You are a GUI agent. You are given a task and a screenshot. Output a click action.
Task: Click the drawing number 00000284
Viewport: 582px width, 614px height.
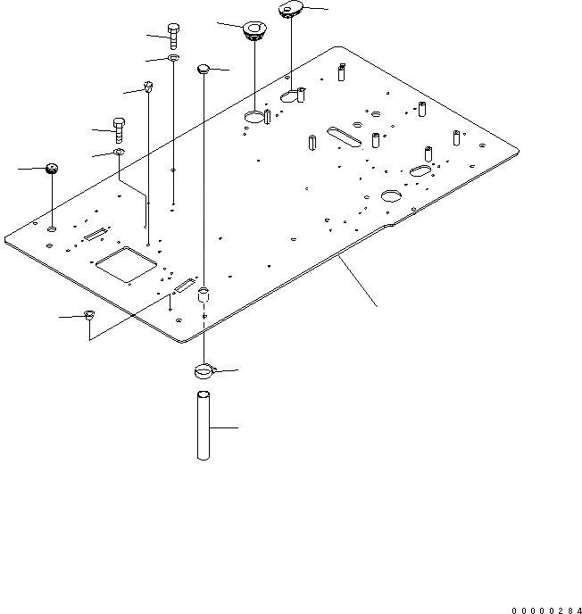[545, 610]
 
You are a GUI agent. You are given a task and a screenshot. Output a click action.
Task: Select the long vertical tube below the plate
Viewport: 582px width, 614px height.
[204, 427]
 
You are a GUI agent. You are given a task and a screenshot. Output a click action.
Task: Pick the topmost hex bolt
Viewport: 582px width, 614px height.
[174, 37]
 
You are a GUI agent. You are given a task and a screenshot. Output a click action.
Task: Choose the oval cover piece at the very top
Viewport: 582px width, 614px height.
[292, 10]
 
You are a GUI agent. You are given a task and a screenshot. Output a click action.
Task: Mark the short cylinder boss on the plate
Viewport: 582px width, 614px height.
[204, 294]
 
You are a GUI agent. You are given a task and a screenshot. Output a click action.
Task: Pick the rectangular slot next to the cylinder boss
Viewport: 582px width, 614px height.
[183, 286]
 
